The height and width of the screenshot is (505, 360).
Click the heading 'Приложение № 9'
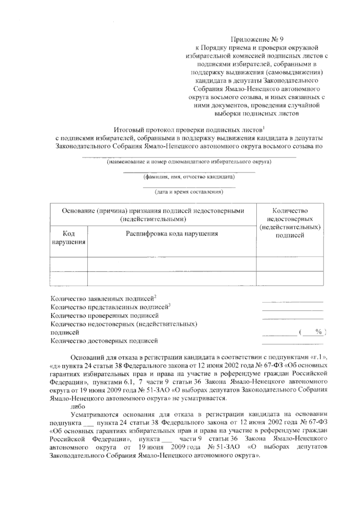(x=257, y=39)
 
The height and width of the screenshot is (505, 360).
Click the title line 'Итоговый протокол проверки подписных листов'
(x=188, y=130)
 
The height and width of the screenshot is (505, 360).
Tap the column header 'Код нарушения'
(x=69, y=238)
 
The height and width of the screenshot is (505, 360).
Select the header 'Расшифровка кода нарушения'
(x=172, y=234)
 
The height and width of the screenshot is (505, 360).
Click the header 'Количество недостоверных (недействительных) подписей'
(x=290, y=223)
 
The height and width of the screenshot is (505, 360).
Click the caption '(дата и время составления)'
(x=189, y=192)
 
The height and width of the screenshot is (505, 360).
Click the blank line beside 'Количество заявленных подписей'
(x=292, y=301)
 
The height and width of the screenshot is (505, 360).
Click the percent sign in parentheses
(x=319, y=332)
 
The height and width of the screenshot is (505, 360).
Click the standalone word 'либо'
(x=78, y=407)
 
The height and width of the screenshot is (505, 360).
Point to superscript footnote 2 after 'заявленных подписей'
(x=155, y=297)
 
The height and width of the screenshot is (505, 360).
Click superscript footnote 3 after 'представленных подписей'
(x=169, y=305)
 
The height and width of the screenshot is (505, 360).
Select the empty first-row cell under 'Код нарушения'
(x=69, y=264)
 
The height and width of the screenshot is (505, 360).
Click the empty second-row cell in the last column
(x=290, y=279)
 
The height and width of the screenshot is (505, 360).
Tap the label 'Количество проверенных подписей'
(x=105, y=316)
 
